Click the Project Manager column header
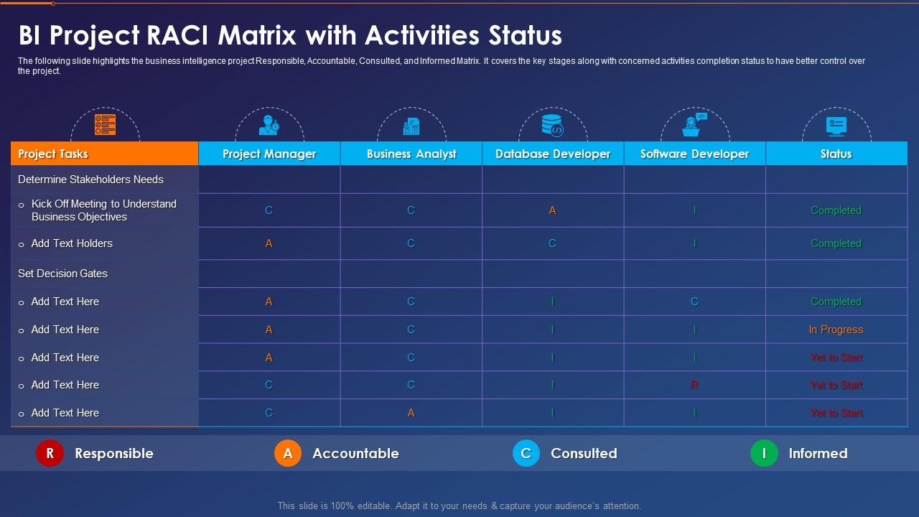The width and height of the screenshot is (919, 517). click(269, 154)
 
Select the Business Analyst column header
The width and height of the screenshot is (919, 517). click(411, 154)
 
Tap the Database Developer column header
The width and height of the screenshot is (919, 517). click(553, 154)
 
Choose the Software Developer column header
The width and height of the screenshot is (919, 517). click(694, 154)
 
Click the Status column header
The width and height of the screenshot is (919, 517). click(836, 154)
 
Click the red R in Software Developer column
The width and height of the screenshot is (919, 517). click(694, 386)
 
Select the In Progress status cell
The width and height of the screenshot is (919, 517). click(836, 330)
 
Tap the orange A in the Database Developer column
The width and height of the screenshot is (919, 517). click(553, 210)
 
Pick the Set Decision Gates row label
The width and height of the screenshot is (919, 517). click(62, 274)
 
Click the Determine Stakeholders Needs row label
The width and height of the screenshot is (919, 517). click(90, 180)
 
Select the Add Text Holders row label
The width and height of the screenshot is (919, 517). click(72, 243)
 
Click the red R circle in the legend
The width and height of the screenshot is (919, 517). click(50, 453)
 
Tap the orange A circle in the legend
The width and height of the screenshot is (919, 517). click(288, 453)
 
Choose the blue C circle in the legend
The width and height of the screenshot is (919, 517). click(526, 453)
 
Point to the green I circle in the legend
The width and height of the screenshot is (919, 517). click(764, 453)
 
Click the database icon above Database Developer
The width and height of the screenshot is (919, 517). click(553, 125)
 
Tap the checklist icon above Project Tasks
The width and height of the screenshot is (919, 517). click(105, 125)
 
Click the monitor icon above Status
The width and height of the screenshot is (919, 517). click(836, 125)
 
